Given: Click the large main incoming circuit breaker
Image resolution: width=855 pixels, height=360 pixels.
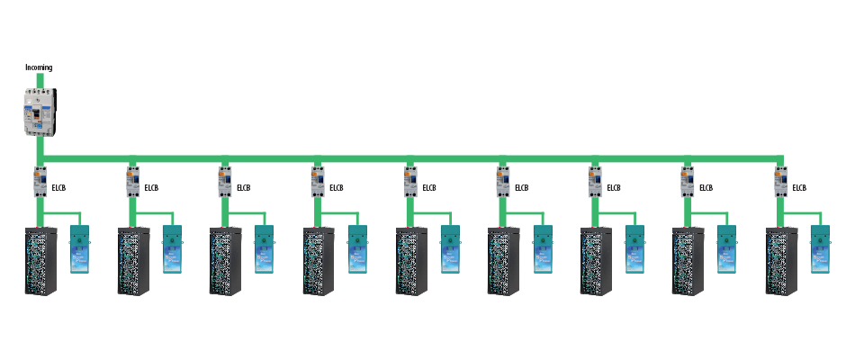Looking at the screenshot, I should [x=40, y=112].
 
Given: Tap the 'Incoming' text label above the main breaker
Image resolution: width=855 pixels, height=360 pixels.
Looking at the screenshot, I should [x=38, y=68].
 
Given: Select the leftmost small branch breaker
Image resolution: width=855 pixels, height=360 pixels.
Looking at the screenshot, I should [x=40, y=182].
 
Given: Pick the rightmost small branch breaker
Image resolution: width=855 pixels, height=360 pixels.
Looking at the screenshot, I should [x=780, y=182].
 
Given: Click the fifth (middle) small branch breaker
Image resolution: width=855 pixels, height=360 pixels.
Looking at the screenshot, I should [x=410, y=182].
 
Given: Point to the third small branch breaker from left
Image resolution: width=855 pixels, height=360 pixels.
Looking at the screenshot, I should [x=225, y=182].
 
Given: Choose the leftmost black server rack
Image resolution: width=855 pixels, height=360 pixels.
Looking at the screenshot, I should [x=40, y=261].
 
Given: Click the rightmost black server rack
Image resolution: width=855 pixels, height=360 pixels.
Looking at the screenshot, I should [x=781, y=261].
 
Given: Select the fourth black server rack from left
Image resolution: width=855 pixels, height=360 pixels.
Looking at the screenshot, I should [x=319, y=261].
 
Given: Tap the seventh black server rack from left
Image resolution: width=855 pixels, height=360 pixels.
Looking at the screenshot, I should [x=596, y=261].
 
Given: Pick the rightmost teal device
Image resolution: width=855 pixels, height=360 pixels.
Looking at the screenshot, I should [x=820, y=249].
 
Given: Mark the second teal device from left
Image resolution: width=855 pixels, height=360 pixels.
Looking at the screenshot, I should [x=173, y=249].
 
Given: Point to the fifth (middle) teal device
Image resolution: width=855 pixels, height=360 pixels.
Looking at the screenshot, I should [x=450, y=249].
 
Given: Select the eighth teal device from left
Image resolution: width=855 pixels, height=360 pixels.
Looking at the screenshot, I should [x=726, y=249].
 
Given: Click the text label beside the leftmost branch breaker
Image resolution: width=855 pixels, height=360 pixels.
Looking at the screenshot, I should [x=58, y=188].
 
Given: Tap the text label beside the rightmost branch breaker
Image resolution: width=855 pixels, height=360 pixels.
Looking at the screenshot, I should [x=798, y=188].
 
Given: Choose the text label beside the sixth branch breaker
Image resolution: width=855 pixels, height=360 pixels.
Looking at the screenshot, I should [x=521, y=188].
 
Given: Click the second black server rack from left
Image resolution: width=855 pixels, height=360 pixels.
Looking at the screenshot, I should [x=133, y=261].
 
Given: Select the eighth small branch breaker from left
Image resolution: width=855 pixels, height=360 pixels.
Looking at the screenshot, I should [x=688, y=182].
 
